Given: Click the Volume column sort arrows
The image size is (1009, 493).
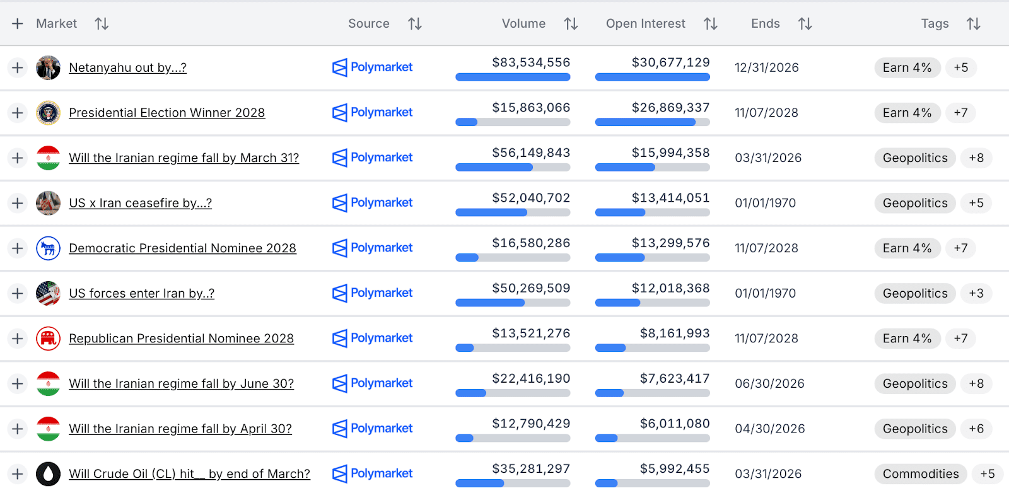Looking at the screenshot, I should (x=571, y=24).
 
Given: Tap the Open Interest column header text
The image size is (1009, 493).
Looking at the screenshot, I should (x=645, y=24).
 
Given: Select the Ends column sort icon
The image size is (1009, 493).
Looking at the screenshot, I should (x=805, y=24).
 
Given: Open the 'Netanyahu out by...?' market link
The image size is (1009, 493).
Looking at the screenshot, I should (x=127, y=67).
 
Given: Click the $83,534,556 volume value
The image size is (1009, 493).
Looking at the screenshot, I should (x=531, y=62).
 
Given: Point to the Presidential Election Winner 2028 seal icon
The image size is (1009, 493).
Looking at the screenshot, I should (x=49, y=113).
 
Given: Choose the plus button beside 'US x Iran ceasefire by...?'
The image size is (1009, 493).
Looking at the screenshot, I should (x=18, y=203).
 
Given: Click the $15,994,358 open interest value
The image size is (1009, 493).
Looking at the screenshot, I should (x=670, y=153).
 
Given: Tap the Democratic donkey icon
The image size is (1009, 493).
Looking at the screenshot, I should (x=49, y=248).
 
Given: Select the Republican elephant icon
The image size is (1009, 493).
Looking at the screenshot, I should (x=49, y=339).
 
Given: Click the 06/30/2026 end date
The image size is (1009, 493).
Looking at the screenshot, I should (x=769, y=384).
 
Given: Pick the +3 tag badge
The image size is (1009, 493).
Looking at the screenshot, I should (x=976, y=293).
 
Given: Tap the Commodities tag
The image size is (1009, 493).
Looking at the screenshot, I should (x=920, y=474).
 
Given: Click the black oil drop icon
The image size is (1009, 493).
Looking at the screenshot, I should (x=49, y=473).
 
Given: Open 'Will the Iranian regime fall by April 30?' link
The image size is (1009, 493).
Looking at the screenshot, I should (x=180, y=429).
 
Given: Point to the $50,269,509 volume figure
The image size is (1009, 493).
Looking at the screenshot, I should (x=531, y=288).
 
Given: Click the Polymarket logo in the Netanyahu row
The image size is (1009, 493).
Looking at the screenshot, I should (x=373, y=67).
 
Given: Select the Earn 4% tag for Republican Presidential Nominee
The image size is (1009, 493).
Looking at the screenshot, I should (x=907, y=339).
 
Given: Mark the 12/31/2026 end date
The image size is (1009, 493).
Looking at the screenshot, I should (x=766, y=67).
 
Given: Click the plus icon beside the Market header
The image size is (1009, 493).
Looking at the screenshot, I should (x=18, y=24).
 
